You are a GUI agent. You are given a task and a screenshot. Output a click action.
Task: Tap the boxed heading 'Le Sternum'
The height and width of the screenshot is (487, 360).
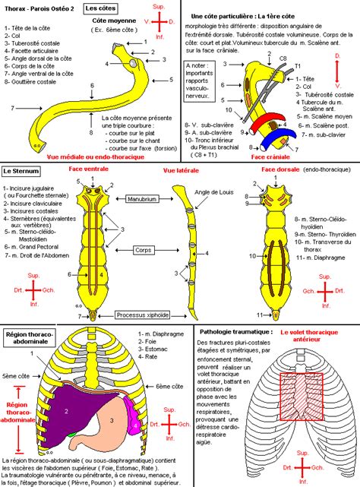tap(22, 172)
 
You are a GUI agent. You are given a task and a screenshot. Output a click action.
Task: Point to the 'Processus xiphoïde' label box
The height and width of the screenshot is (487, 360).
tap(145, 315)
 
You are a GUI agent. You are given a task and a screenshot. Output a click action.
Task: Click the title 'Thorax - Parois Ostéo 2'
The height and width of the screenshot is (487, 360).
tap(39, 8)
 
